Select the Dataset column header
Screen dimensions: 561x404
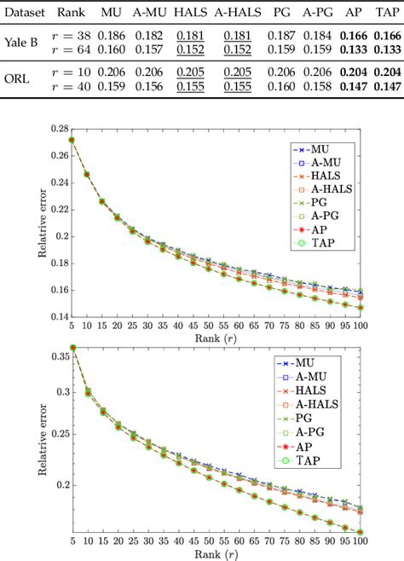26,13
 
